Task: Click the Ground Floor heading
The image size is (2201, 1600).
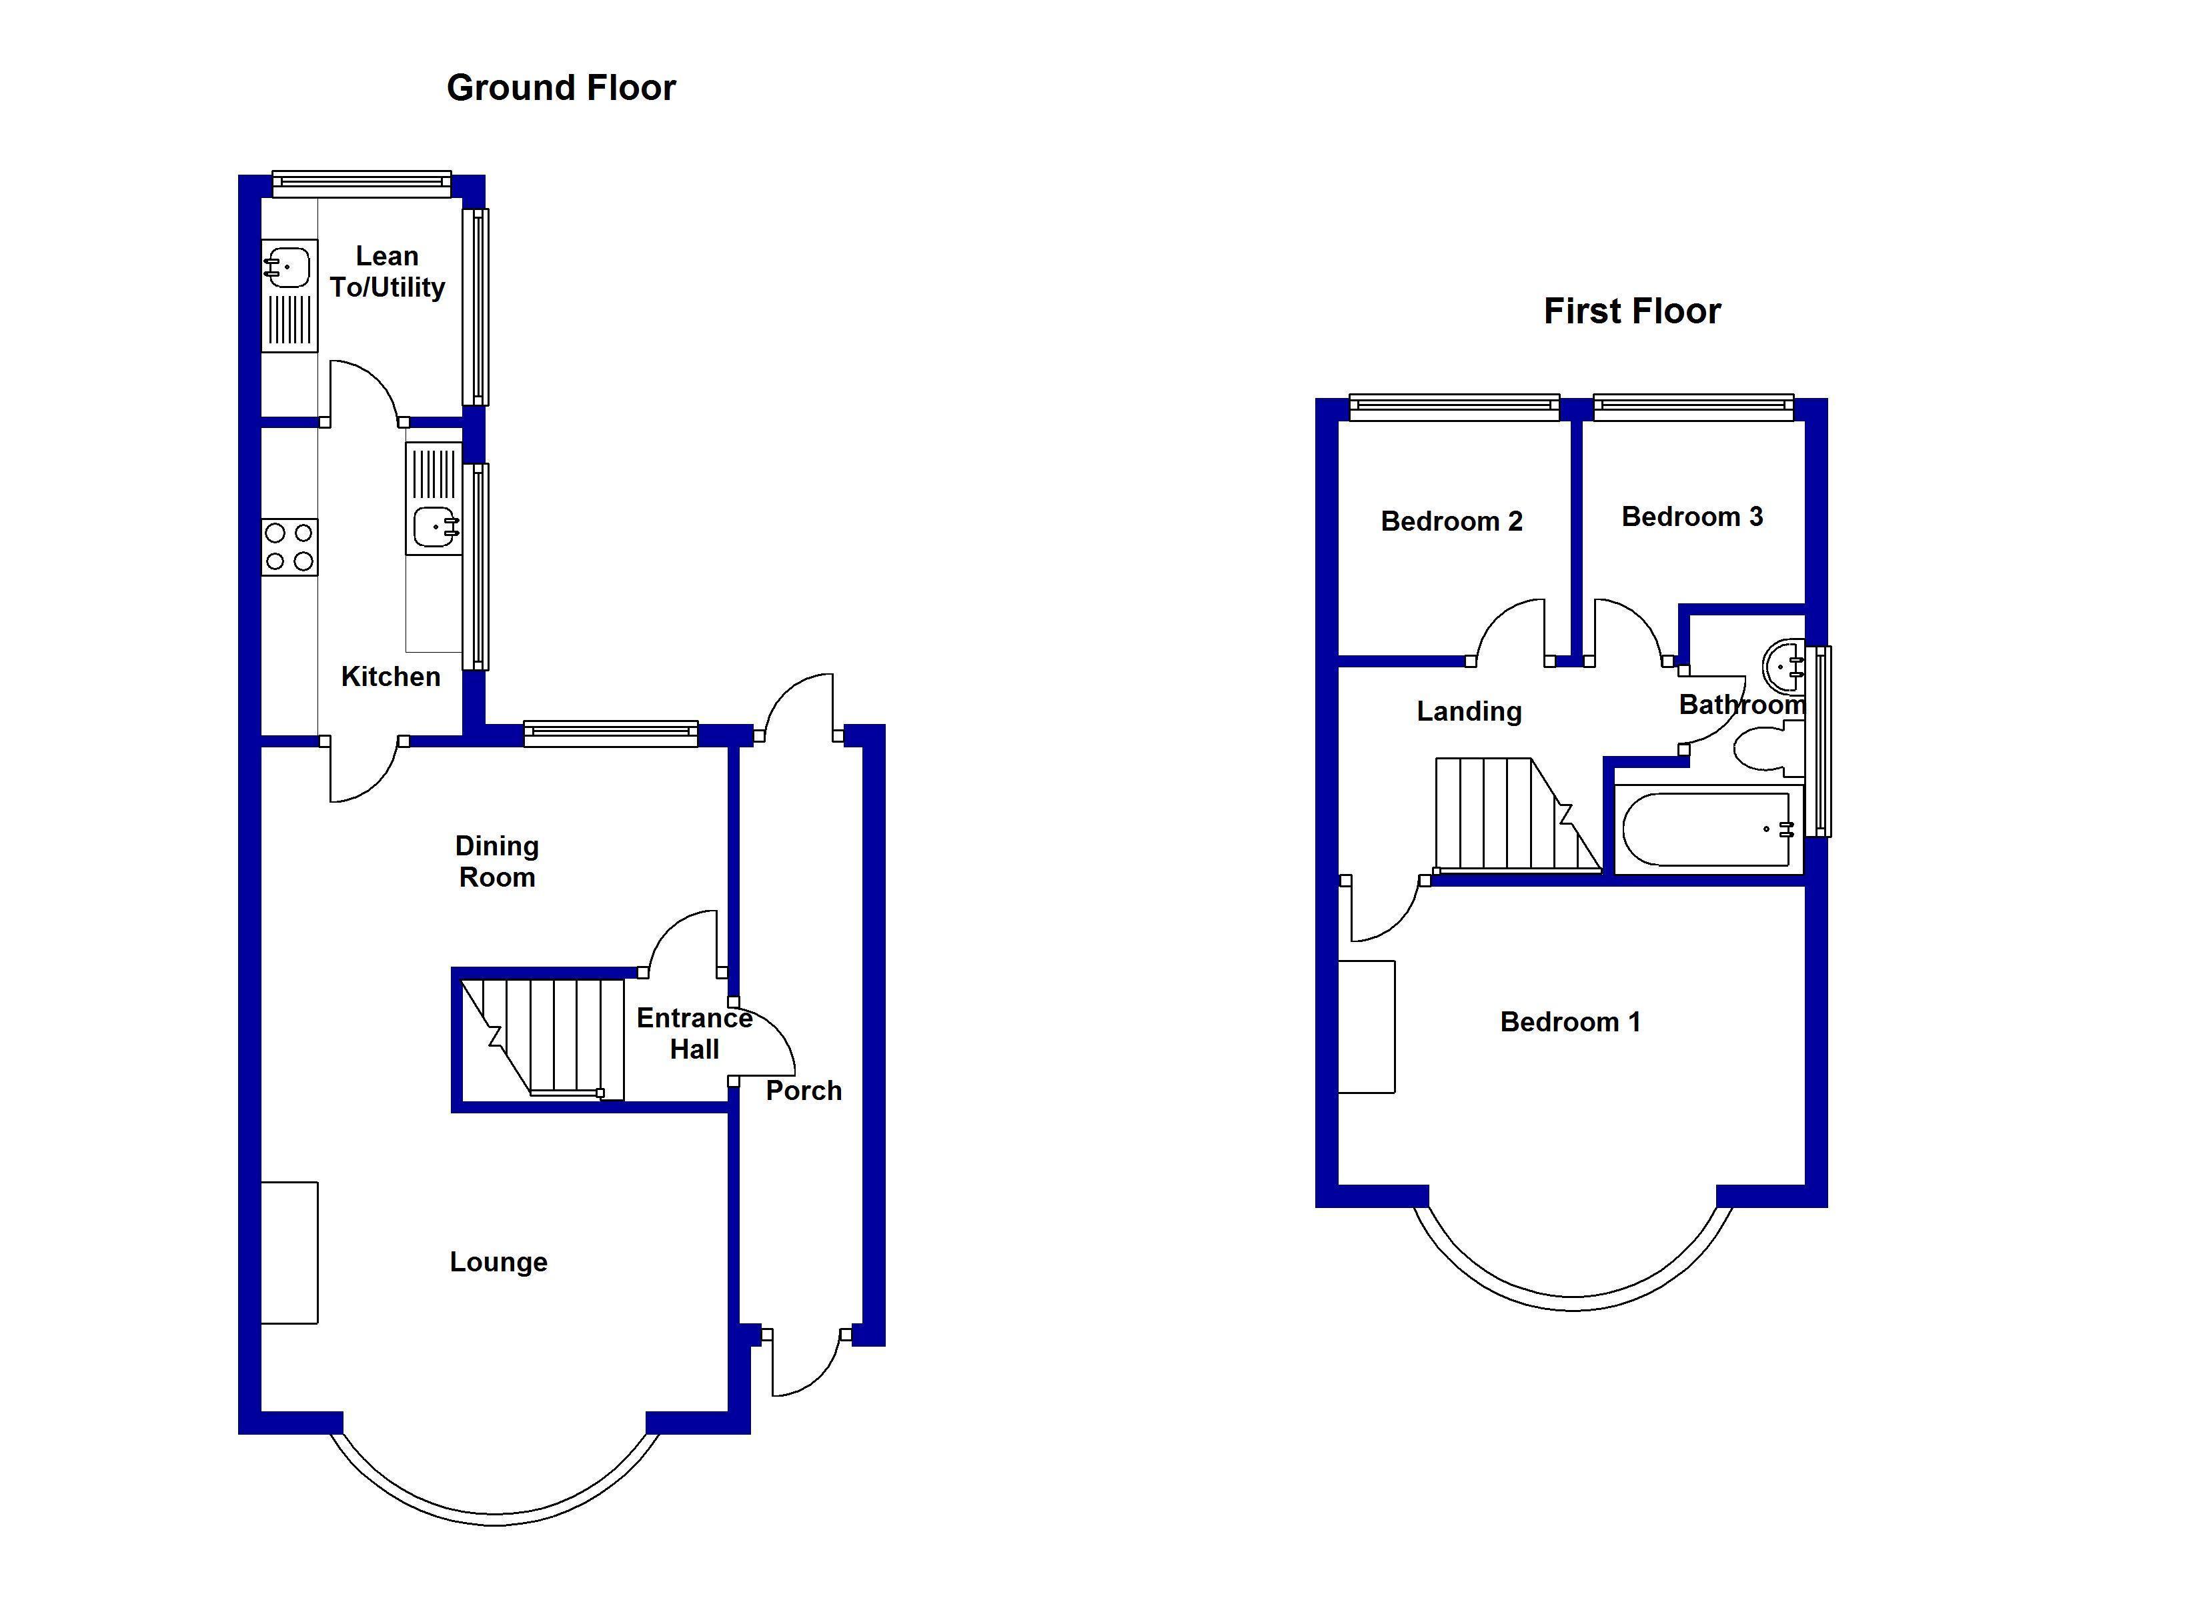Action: [x=560, y=88]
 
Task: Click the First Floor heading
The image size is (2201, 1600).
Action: [x=1631, y=311]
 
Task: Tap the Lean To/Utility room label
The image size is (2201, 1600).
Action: [x=388, y=272]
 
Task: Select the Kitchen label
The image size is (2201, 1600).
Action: [x=390, y=676]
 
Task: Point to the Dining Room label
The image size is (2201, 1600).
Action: [x=497, y=861]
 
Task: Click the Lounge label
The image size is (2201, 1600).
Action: [x=498, y=1261]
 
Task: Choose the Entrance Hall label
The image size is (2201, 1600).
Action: [x=694, y=1033]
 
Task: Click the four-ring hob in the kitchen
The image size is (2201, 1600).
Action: [x=289, y=546]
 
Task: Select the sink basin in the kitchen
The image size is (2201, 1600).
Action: [x=434, y=527]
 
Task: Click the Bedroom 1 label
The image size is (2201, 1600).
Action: [x=1569, y=1022]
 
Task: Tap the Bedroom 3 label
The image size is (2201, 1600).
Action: [x=1691, y=516]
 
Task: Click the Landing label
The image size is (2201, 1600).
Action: [x=1468, y=711]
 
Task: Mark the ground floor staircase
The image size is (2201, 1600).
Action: [x=542, y=1036]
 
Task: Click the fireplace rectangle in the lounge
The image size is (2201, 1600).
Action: [x=289, y=1252]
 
